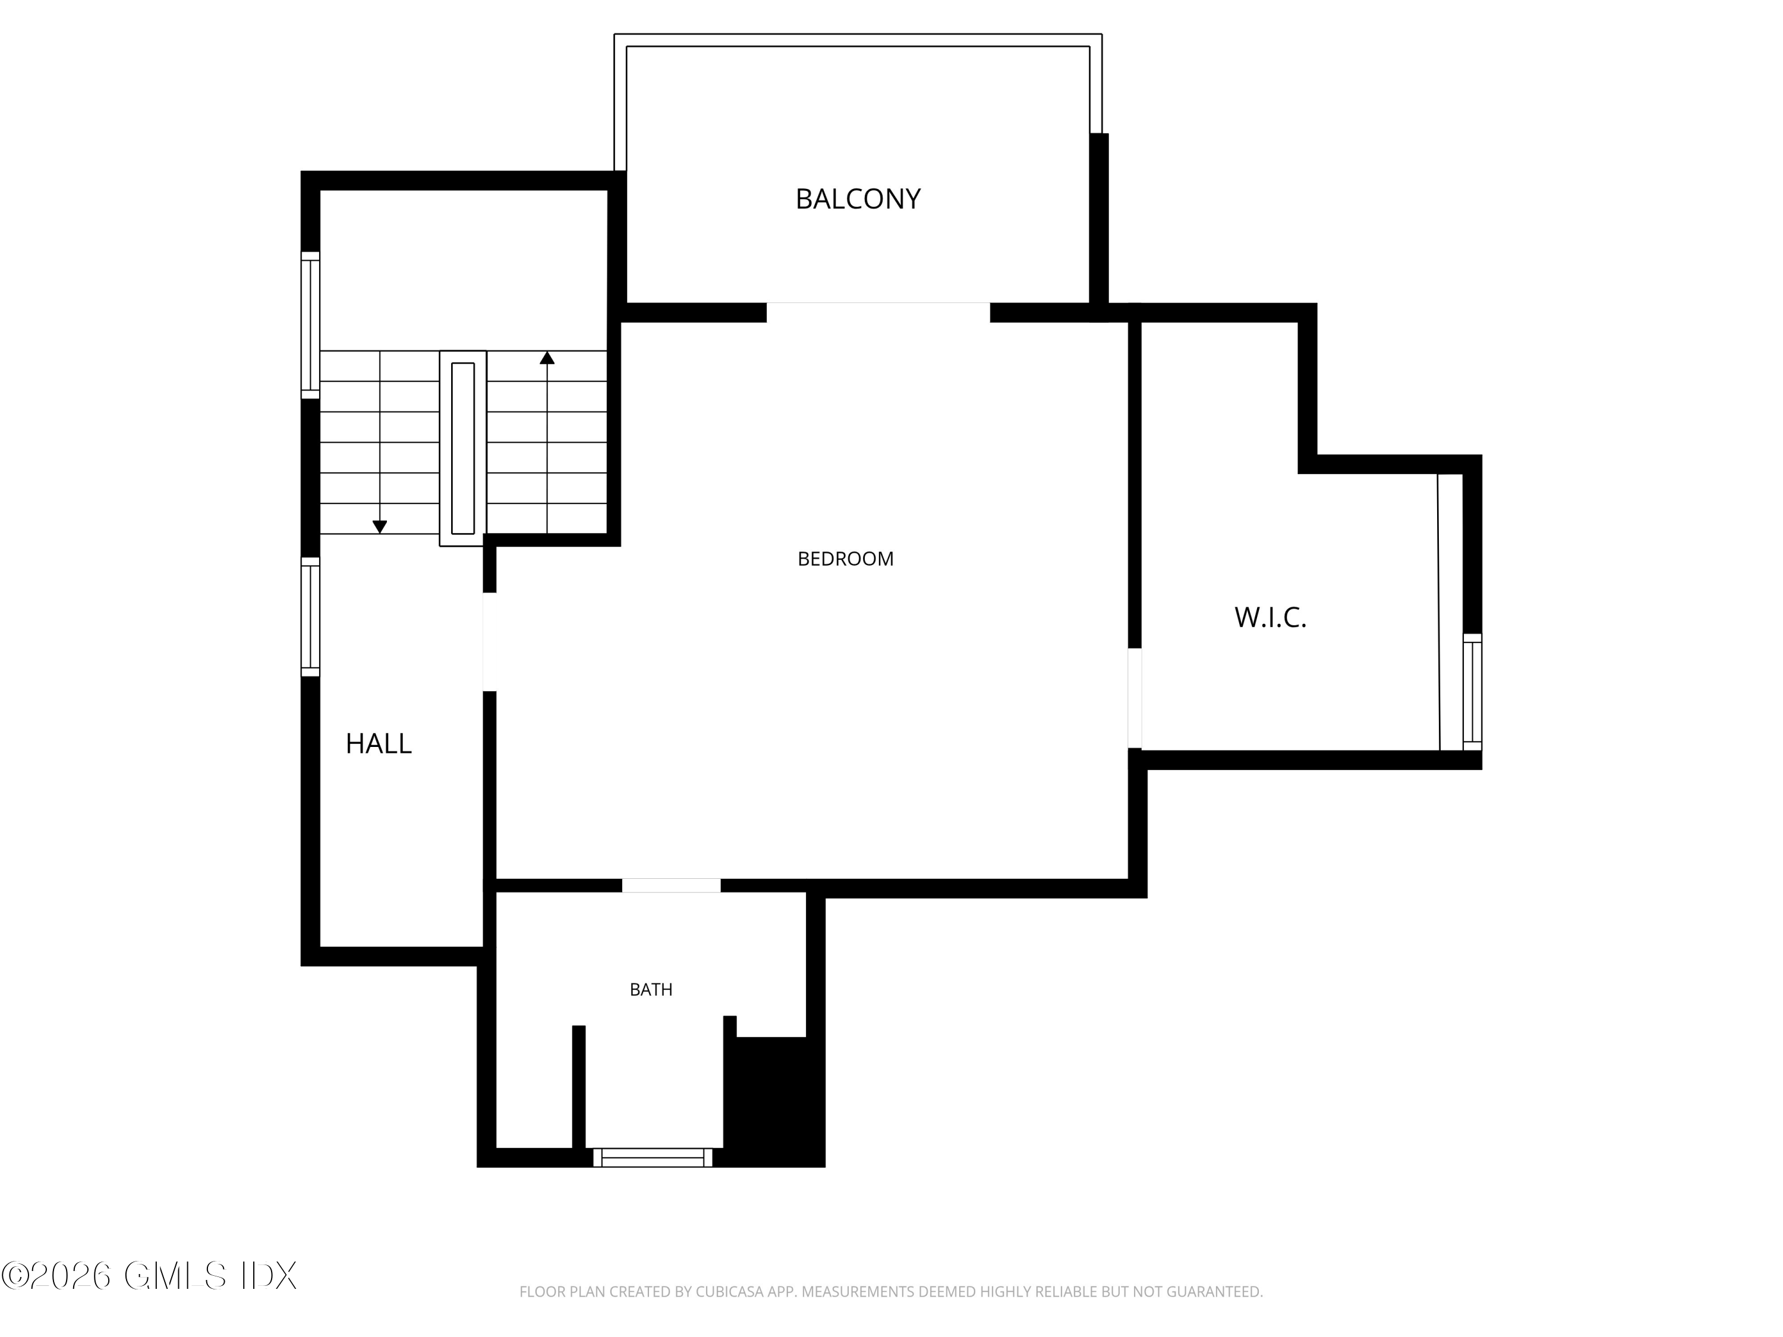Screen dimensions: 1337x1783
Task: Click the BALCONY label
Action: click(858, 199)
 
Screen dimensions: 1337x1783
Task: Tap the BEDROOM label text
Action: click(846, 559)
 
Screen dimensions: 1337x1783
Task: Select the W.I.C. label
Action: click(1269, 617)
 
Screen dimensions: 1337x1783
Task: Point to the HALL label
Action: click(378, 743)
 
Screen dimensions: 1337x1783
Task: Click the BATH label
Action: click(650, 989)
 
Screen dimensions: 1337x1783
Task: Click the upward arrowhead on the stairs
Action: click(547, 358)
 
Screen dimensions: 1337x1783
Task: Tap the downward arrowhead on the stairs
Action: click(380, 527)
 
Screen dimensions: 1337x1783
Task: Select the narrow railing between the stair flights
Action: click(462, 448)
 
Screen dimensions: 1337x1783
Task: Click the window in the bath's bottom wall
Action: click(653, 1158)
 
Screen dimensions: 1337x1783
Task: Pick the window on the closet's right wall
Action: click(1472, 692)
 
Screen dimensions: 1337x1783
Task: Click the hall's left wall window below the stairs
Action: click(310, 617)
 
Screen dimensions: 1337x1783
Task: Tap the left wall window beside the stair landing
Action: click(310, 325)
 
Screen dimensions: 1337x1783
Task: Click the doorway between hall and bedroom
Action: click(489, 642)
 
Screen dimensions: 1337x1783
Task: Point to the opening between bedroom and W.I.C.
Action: click(1134, 698)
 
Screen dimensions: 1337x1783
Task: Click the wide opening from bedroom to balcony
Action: click(878, 312)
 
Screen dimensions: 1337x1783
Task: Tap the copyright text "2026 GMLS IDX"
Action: click(150, 1276)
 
